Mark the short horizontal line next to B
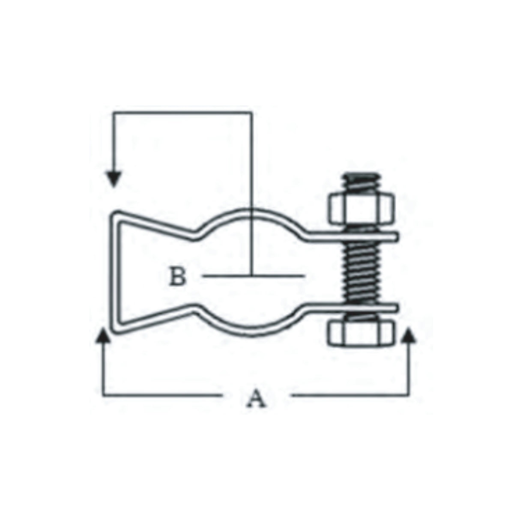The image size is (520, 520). [x=274, y=276]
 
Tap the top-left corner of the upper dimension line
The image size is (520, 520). [x=114, y=113]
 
